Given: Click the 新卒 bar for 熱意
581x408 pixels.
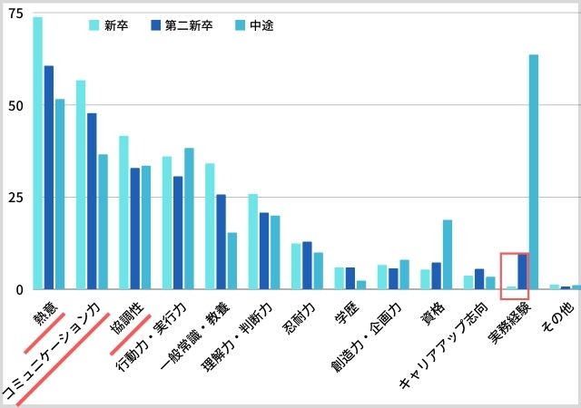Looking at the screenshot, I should coord(37,154).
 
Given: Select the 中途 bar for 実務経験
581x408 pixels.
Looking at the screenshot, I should coord(534,172).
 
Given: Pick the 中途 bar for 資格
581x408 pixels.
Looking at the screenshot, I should coord(448,255).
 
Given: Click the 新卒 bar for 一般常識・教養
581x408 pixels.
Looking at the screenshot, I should coord(210,227).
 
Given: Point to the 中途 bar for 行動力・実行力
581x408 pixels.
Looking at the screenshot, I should coord(189,219).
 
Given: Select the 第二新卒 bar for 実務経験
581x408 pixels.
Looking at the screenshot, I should coord(522,272).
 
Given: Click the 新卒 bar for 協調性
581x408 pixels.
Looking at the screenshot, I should coord(123,213).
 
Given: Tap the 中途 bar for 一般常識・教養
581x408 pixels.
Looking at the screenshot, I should coord(231,261).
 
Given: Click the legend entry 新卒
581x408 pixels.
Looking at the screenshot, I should coord(109,25).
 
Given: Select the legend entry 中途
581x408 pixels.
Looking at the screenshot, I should coord(252,25).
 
